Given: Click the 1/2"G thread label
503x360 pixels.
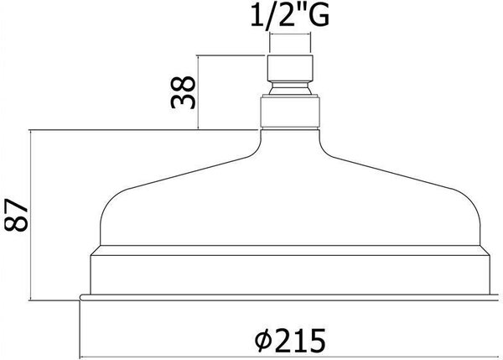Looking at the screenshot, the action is pos(290,16).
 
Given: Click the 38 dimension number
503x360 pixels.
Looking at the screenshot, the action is pos(183,92).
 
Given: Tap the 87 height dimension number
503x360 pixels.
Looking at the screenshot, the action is pos(17,215).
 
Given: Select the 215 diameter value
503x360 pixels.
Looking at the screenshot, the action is pos(300,340).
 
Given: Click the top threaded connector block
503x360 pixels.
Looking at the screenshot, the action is pos(290,68).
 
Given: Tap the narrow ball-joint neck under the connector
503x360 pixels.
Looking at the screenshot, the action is pos(290,88).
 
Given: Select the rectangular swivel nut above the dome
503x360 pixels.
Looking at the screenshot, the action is pos(290,111).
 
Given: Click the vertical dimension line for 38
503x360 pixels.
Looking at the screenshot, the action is pos(198,92).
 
